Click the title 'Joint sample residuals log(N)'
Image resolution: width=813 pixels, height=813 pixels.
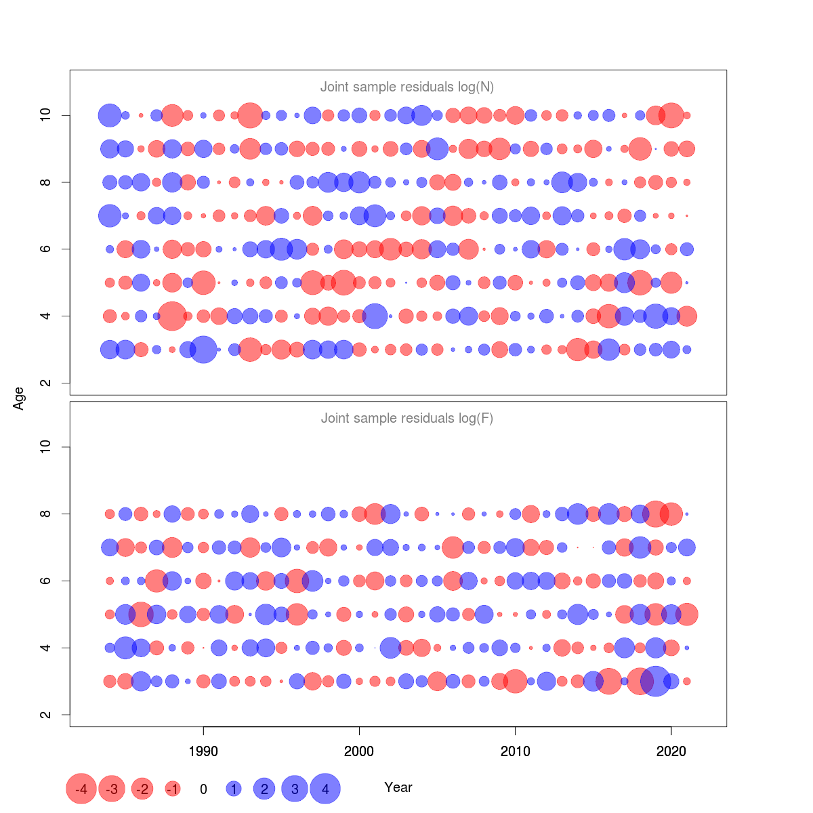pos(406,87)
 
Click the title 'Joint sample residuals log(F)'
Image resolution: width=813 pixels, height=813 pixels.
pos(406,418)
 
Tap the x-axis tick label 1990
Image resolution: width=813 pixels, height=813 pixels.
pos(203,751)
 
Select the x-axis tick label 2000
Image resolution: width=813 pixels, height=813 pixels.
pos(359,751)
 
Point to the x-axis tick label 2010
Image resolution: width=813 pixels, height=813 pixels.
pos(515,751)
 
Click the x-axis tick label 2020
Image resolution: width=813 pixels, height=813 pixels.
pos(671,751)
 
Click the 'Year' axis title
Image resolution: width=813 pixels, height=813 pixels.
pos(398,787)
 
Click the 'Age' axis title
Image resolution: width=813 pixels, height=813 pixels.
pos(19,398)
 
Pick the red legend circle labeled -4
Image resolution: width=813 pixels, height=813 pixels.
pos(81,789)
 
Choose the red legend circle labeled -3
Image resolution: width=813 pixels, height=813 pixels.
pos(112,789)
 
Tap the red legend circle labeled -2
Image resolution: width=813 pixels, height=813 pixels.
pos(142,789)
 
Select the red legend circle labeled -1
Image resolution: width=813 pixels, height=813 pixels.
pos(173,789)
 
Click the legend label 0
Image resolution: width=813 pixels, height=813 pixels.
pos(203,789)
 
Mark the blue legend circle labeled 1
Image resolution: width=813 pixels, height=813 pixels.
pos(234,789)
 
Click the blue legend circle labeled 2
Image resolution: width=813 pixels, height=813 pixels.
pos(264,789)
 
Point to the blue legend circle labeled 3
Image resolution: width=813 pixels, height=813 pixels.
pos(295,789)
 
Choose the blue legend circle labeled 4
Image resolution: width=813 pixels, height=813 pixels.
pos(325,789)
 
